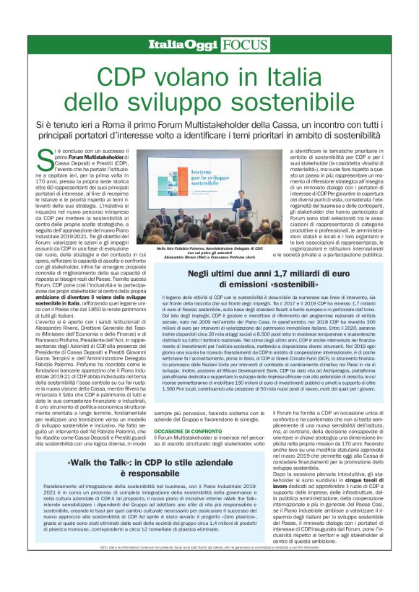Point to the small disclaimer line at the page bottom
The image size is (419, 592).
(x=209, y=570)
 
